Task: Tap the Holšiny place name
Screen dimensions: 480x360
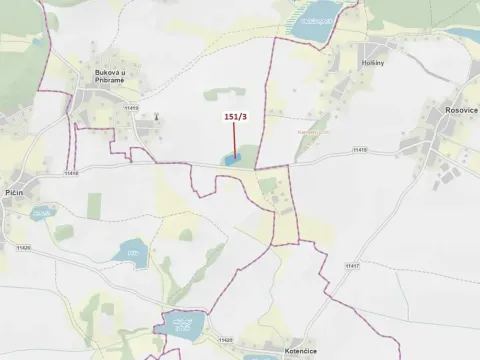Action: (x=369, y=62)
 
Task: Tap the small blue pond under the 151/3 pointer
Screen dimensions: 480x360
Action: (x=232, y=158)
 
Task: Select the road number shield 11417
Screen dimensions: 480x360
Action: (x=351, y=266)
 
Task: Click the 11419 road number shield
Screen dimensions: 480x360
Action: (x=131, y=105)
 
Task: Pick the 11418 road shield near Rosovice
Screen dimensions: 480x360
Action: (x=359, y=151)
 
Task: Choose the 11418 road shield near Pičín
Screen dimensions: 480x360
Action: (x=70, y=174)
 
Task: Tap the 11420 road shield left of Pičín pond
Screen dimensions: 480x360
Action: (x=23, y=246)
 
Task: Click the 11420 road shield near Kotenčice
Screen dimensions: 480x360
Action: (x=224, y=340)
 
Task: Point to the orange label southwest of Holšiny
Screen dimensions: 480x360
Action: (x=313, y=131)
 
